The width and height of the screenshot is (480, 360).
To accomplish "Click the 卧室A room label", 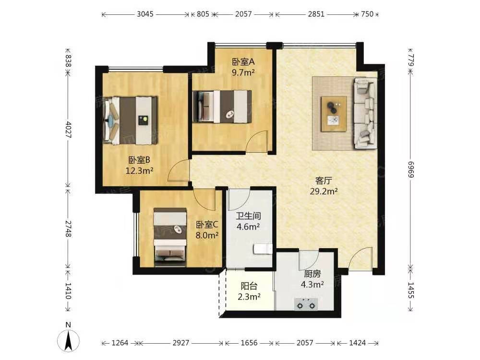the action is tap(243, 62).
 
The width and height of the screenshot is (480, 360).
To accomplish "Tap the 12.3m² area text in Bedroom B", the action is tap(139, 171).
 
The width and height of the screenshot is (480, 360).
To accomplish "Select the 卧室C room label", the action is tap(207, 225).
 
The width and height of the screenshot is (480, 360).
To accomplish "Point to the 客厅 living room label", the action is tap(324, 180).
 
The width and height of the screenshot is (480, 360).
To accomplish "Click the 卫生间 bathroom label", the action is tap(248, 216).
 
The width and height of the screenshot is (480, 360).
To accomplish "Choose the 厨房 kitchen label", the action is tap(312, 274).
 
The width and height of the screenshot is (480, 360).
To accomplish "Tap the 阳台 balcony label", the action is tap(249, 286).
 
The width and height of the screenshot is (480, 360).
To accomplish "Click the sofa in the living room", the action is tap(365, 113).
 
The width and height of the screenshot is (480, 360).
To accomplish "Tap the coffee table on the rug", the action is tap(334, 114).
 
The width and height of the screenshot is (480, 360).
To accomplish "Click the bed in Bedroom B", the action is tap(130, 120).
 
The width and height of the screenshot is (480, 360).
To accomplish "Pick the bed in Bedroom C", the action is tap(170, 237).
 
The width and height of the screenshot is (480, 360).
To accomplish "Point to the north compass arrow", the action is tap(68, 341).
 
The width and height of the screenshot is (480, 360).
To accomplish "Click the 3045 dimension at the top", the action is tap(145, 14).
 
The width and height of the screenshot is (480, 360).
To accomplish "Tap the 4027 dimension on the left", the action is tap(68, 130).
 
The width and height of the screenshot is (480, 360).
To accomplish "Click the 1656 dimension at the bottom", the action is tap(249, 343).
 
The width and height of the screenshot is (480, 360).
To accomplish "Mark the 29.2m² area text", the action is tap(324, 192).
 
